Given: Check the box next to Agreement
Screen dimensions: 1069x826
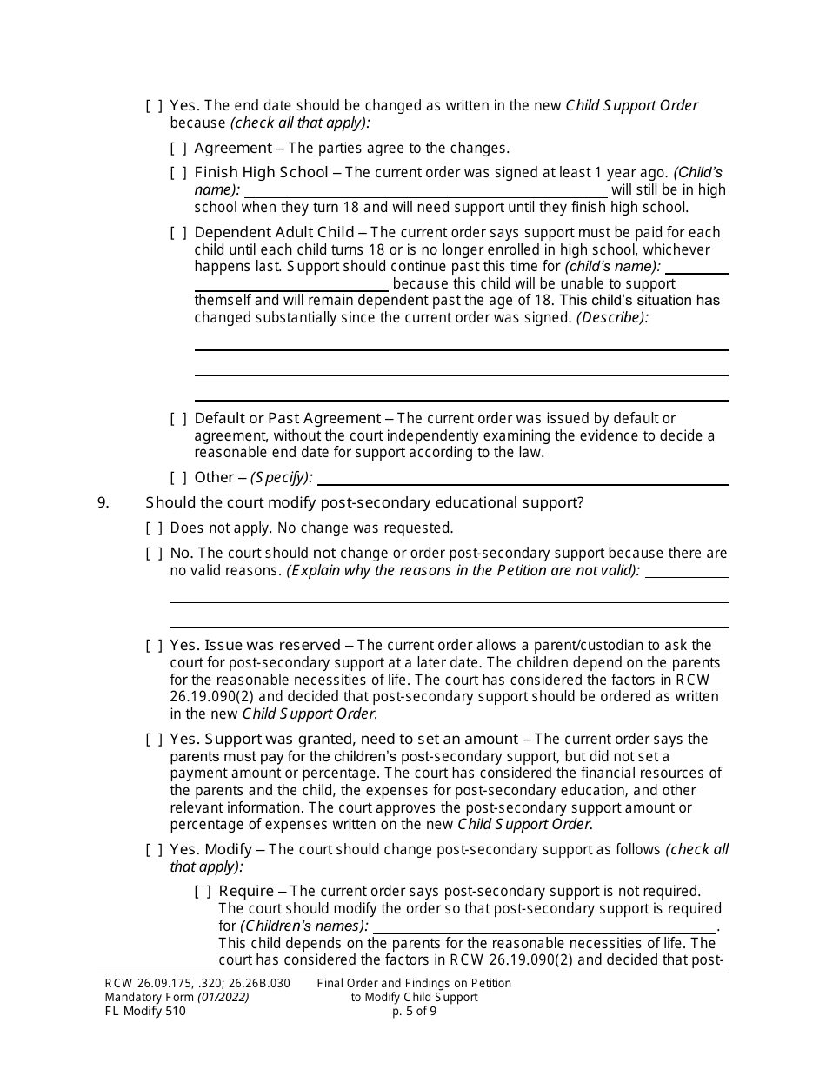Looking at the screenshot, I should point(178,149).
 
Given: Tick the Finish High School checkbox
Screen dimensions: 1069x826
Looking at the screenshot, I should point(178,173).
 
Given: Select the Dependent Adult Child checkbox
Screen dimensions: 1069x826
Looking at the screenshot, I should point(178,233).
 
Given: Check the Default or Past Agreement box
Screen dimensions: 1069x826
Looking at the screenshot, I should point(178,419).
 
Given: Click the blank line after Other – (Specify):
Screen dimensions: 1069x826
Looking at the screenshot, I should point(523,478).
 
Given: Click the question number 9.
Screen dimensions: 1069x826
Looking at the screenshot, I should point(103,502).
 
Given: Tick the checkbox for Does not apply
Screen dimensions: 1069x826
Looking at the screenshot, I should point(154,528).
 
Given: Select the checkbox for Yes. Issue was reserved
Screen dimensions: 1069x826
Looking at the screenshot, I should point(154,646).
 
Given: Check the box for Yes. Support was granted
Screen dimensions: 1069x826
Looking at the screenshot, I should point(154,740).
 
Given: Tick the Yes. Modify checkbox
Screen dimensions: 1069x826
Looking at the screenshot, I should point(154,850).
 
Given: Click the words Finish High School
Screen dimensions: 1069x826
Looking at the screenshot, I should point(261,173).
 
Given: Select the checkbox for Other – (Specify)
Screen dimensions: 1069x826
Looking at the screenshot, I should point(178,478).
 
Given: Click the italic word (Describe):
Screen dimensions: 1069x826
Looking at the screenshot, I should point(613,318).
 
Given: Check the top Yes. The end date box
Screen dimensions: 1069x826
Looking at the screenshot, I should point(154,106).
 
